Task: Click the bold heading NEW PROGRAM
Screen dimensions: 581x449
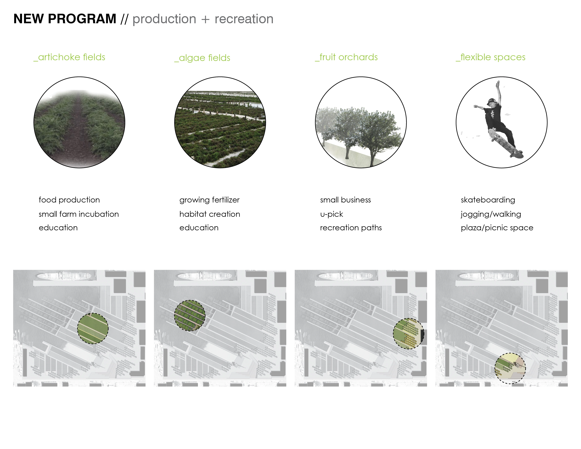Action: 65,19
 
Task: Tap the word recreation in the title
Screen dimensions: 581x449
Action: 244,19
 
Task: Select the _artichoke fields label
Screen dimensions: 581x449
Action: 69,57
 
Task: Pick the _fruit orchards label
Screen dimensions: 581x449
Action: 346,57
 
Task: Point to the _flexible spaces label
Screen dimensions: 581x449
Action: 491,57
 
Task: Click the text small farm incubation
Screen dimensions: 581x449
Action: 79,214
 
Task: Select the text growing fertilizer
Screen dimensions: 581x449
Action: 209,200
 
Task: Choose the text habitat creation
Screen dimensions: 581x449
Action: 210,214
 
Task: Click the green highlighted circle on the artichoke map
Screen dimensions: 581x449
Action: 93,329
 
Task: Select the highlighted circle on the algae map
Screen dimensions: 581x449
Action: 190,316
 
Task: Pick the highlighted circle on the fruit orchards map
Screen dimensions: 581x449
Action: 409,333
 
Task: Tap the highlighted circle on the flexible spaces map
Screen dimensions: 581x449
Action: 510,368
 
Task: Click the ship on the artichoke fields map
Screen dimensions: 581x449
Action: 64,276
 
